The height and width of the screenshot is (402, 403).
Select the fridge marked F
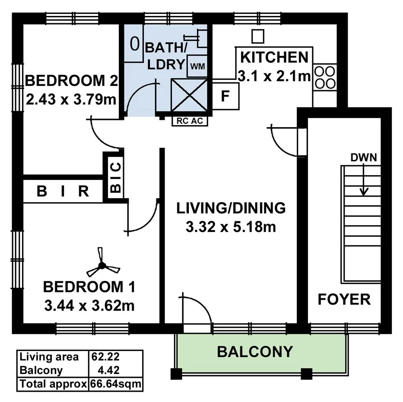(225, 96)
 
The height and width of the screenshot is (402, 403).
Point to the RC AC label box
(190, 121)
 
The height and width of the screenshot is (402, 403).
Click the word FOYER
(344, 299)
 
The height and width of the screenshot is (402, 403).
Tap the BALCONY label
(254, 352)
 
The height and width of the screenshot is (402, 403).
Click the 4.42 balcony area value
(109, 370)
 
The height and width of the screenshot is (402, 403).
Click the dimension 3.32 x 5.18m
(231, 226)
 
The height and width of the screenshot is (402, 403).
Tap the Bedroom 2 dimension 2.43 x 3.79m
(71, 100)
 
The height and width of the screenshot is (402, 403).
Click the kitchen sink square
(257, 36)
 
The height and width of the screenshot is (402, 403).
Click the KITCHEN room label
(274, 57)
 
